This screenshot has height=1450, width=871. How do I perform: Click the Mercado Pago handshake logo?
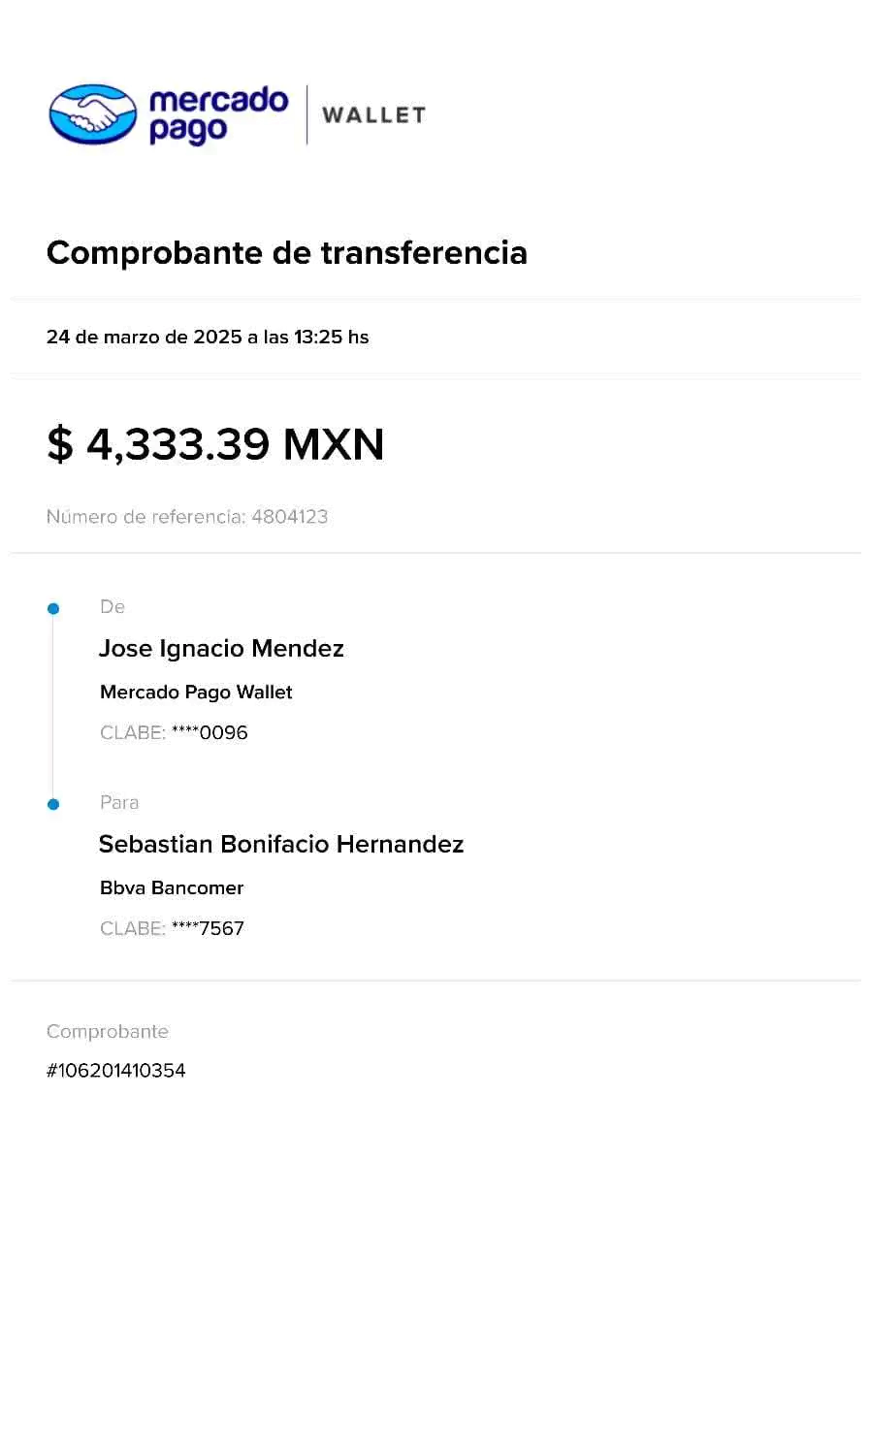(x=93, y=114)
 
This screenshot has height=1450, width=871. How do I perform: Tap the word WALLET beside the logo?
(x=373, y=114)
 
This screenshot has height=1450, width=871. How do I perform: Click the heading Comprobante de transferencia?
(x=287, y=252)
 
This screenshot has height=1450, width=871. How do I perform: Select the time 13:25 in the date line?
(x=319, y=338)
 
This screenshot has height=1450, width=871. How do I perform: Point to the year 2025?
(x=217, y=338)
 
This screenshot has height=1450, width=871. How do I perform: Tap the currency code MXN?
(x=334, y=445)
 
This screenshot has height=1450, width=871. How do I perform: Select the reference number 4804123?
(x=291, y=517)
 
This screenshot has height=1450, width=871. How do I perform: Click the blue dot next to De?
(x=53, y=609)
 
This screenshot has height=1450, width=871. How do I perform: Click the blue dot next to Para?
(x=53, y=804)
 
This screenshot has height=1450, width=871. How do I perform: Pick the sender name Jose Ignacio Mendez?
(x=222, y=649)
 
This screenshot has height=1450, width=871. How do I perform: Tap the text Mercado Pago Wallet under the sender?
(x=197, y=693)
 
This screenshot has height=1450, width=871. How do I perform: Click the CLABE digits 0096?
(x=224, y=733)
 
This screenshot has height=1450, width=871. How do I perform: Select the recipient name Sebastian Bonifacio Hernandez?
(x=281, y=845)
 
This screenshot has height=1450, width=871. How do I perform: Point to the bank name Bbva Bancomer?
(x=173, y=888)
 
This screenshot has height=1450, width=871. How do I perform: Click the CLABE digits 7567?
(x=222, y=929)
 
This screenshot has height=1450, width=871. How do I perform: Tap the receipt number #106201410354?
(x=116, y=1071)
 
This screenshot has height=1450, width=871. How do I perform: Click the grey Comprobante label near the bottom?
(x=108, y=1032)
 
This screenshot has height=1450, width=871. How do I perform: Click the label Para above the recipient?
(x=119, y=803)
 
